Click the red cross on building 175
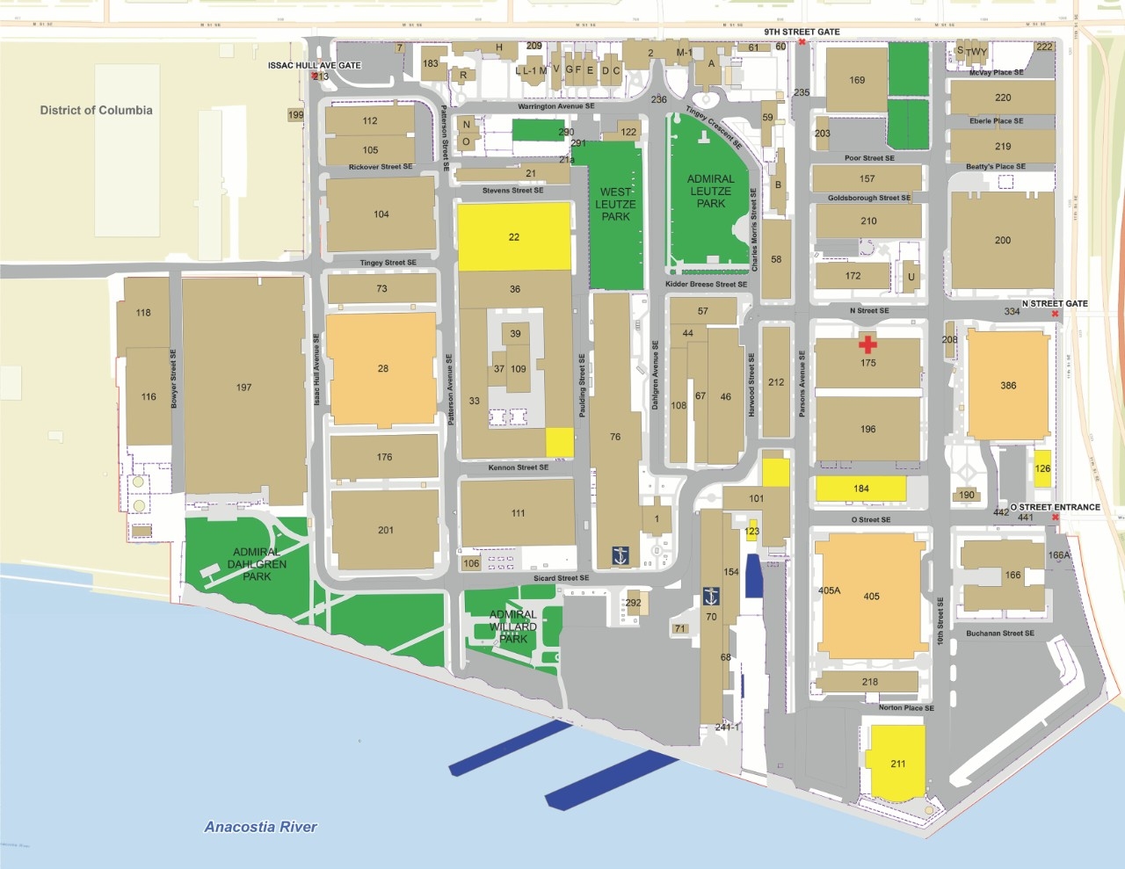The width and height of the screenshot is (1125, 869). coord(867,344)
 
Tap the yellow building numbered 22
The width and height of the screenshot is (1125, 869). coord(514,236)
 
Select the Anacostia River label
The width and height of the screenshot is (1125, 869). coord(260,826)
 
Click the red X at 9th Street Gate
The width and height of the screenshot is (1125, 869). coord(802,42)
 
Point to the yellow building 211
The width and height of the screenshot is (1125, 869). coord(897,763)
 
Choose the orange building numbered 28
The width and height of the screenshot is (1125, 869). coord(382,368)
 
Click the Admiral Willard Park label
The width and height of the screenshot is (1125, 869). coord(513,626)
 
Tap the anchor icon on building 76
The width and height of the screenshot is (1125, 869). coord(621,556)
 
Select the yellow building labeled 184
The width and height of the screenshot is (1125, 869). coord(861,489)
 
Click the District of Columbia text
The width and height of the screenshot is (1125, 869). coord(96,110)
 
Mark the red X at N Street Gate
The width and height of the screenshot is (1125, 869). coord(1054,314)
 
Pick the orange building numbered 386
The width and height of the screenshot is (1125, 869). coord(1008,385)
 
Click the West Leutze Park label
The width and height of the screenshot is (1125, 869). coord(615,204)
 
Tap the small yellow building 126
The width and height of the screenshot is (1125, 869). coord(1042,468)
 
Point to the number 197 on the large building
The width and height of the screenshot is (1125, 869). coord(243,387)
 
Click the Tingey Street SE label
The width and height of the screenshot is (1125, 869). coord(388,263)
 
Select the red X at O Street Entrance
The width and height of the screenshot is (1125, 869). coord(1055,517)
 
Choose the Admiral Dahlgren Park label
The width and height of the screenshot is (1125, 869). coord(257,564)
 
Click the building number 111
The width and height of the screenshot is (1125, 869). coord(518,513)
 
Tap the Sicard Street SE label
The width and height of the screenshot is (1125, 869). coord(561,578)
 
